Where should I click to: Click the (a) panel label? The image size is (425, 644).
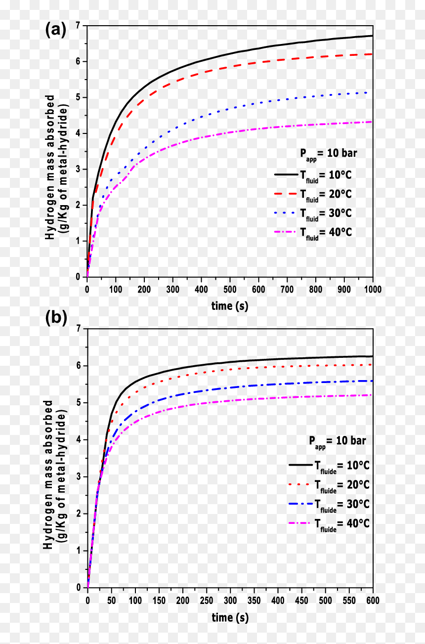click(56, 30)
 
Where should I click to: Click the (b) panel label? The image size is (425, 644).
click(56, 318)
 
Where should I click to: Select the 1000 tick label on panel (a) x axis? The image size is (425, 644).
click(373, 289)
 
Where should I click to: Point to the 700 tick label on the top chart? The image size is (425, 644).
click(287, 289)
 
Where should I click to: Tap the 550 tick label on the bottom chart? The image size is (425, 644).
click(349, 600)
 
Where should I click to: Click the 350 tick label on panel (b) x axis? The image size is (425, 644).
click(254, 600)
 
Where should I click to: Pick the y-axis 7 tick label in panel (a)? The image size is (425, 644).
click(78, 26)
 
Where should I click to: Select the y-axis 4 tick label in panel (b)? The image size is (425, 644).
click(79, 439)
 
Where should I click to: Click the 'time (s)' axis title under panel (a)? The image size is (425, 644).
click(229, 306)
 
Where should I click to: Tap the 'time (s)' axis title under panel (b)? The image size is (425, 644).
click(230, 617)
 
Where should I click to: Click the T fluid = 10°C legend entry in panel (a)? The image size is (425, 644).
click(313, 175)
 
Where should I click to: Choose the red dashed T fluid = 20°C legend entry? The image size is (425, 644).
click(313, 195)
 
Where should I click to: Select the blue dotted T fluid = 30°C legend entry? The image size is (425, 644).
click(313, 214)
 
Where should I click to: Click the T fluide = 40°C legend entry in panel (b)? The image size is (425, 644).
click(329, 523)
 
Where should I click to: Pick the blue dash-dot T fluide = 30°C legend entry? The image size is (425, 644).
click(329, 504)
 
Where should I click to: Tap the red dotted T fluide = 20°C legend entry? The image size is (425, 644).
click(329, 485)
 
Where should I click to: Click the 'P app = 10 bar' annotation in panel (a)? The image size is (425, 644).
click(328, 154)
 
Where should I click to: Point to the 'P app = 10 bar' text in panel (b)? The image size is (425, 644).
click(338, 442)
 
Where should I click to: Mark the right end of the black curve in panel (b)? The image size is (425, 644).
click(373, 356)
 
